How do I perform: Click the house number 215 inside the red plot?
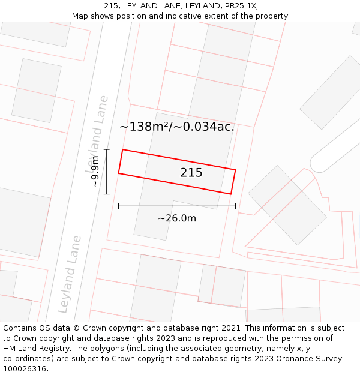tap(191, 173)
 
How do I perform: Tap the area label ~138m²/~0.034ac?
tap(177, 127)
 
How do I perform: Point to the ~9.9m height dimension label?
tap(95, 172)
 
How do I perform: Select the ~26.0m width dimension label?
tap(177, 218)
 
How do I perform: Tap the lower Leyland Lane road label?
tap(69, 274)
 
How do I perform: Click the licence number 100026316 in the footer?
tap(25, 369)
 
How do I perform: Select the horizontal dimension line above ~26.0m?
tap(177, 206)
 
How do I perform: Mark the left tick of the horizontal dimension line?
tap(119, 206)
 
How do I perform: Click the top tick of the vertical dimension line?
tap(107, 149)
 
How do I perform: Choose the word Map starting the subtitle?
tap(80, 16)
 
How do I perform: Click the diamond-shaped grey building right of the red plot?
tap(287, 205)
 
